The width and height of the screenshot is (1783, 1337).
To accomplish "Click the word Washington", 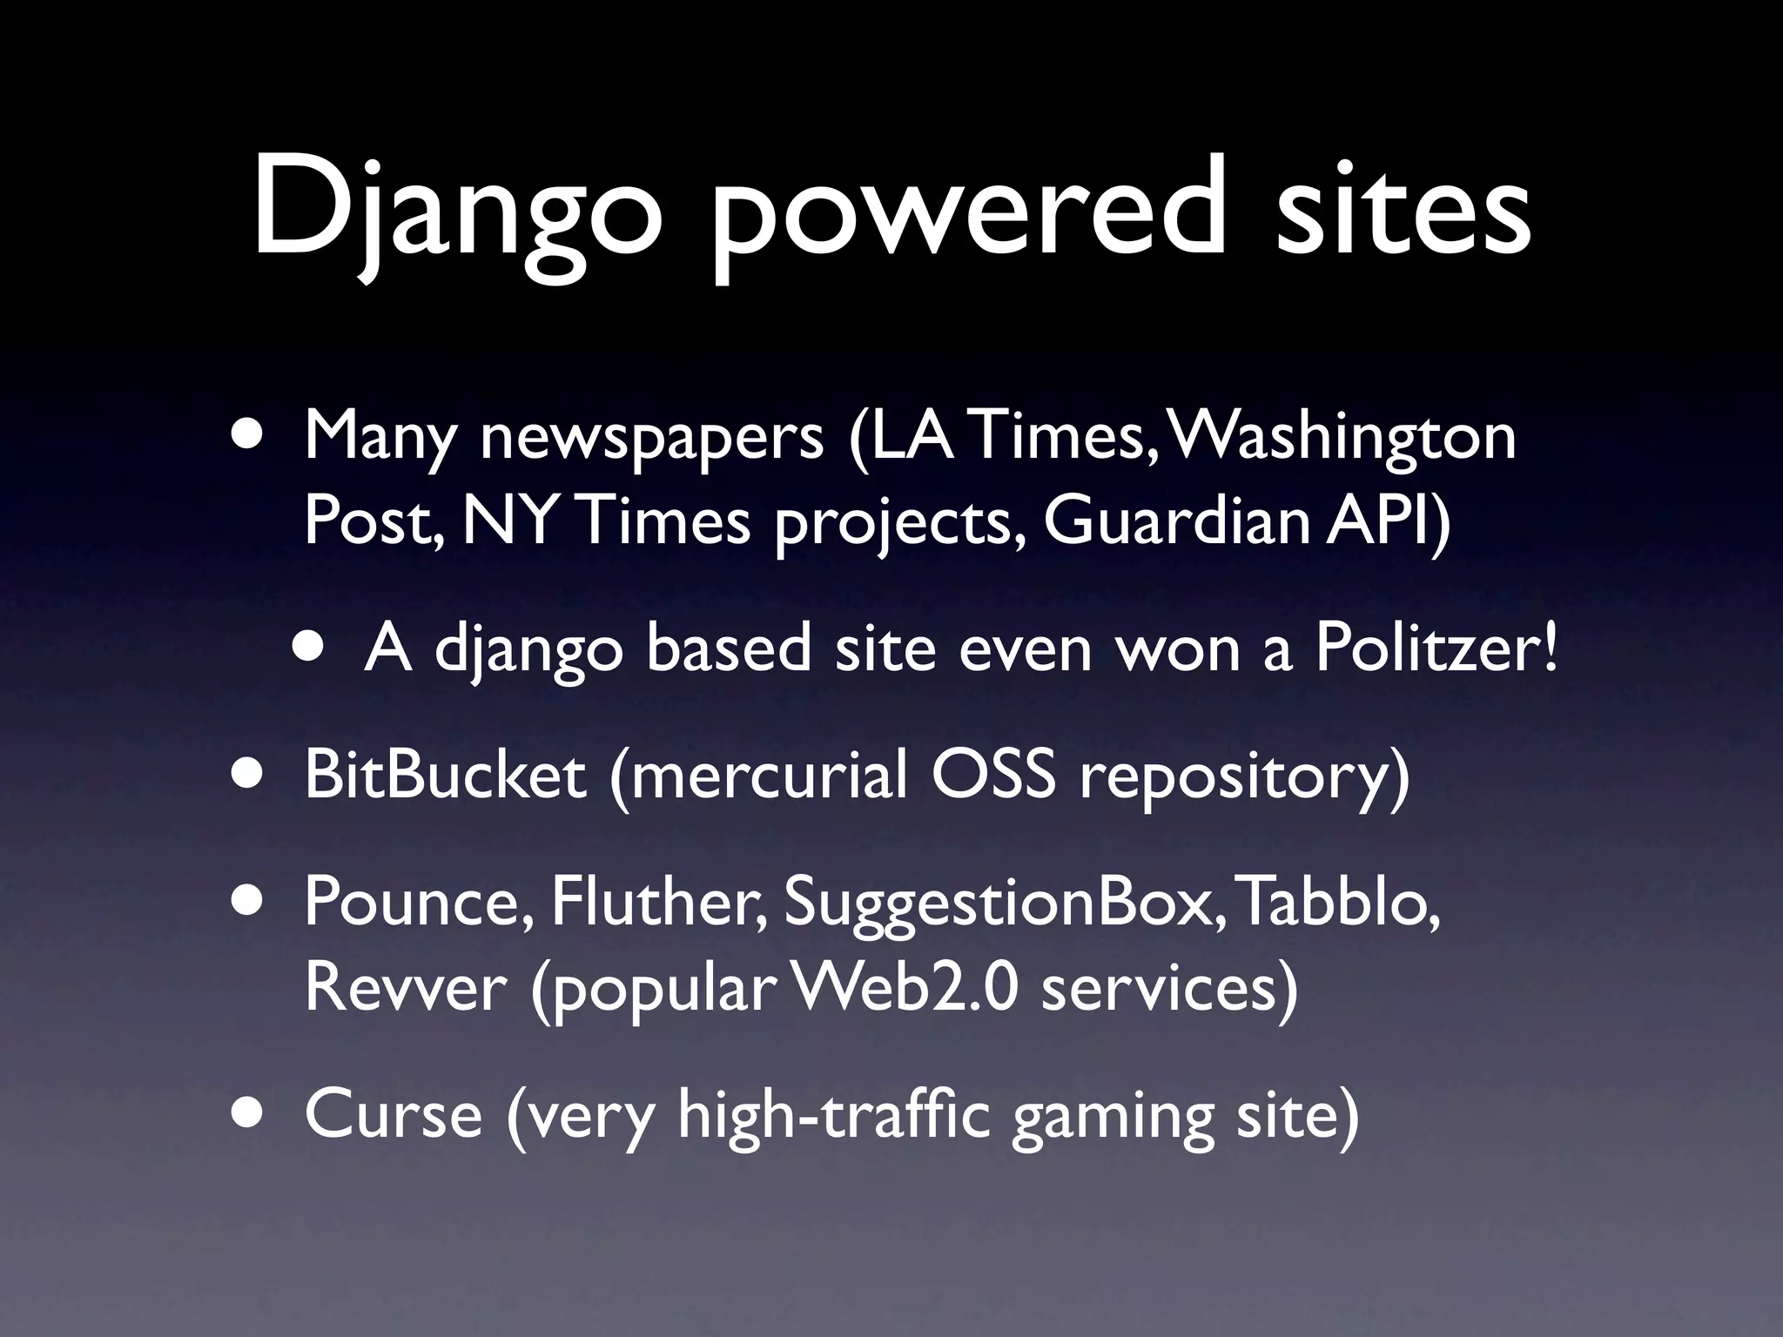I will (1346, 437).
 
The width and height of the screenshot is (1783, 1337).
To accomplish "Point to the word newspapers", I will (652, 437).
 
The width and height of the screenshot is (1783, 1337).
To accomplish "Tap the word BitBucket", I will (445, 775).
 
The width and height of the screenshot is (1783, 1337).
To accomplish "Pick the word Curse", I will (394, 1115).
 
